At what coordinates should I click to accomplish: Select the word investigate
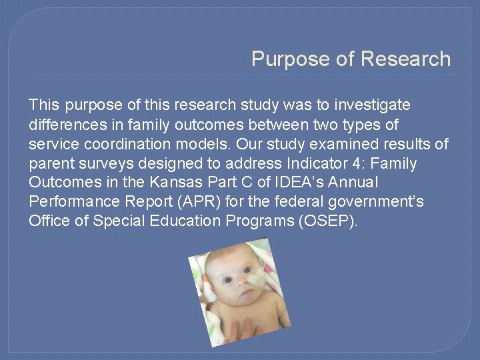pos(373,105)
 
